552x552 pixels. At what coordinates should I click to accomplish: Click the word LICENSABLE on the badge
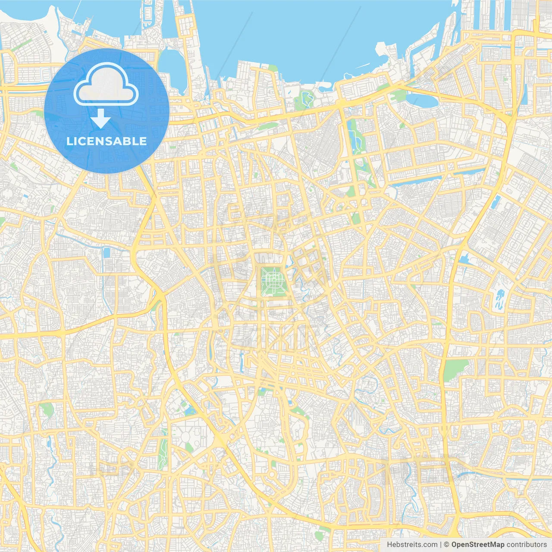click(x=107, y=141)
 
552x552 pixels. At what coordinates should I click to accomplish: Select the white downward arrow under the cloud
click(x=100, y=119)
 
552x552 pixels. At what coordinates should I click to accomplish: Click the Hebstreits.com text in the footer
click(x=412, y=545)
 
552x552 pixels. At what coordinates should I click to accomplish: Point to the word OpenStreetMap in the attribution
click(x=478, y=545)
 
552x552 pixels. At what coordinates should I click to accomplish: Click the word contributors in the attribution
click(x=527, y=545)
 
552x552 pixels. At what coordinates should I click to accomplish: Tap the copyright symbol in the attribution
click(x=447, y=545)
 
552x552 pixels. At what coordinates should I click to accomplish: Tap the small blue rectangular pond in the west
click(x=107, y=253)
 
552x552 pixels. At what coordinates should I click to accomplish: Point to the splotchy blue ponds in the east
click(x=500, y=299)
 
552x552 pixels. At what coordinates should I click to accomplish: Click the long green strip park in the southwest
click(x=163, y=453)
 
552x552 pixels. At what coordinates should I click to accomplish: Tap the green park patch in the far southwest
click(x=47, y=409)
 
